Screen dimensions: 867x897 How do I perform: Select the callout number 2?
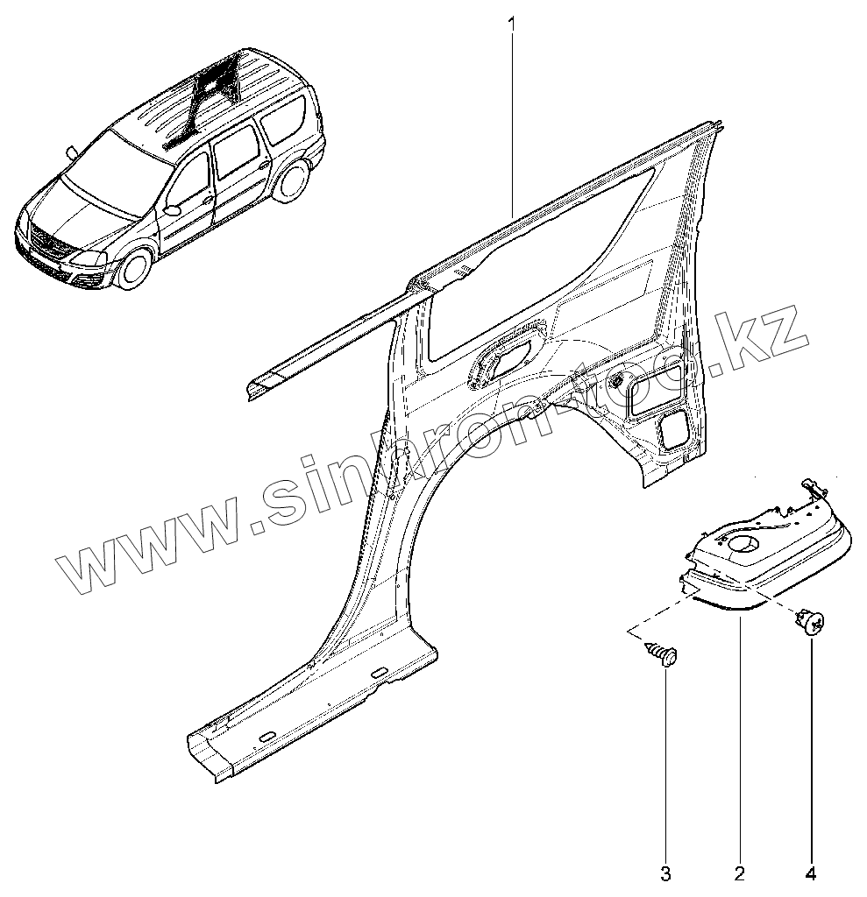[x=741, y=872]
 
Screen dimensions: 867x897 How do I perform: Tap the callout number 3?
[x=666, y=872]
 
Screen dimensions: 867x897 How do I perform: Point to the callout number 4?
[x=811, y=872]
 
